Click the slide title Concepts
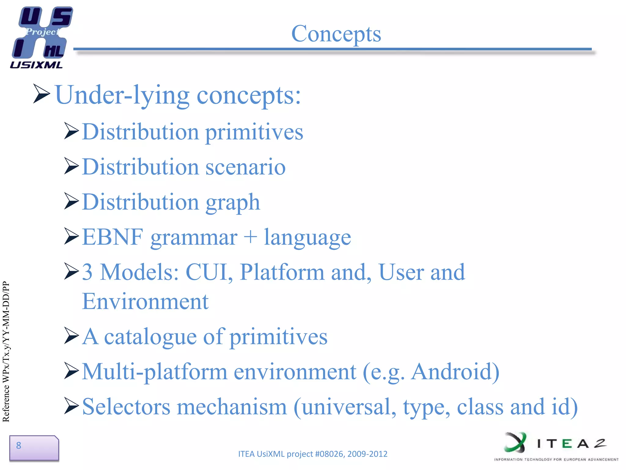pyautogui.click(x=336, y=34)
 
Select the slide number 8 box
pyautogui.click(x=34, y=448)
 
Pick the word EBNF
pyautogui.click(x=112, y=237)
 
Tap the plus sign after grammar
pyautogui.click(x=250, y=237)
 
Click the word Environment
pyautogui.click(x=145, y=302)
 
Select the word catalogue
pyautogui.click(x=150, y=337)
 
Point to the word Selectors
pyautogui.click(x=126, y=407)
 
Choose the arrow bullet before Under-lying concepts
pyautogui.click(x=41, y=94)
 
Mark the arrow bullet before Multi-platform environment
pyautogui.click(x=72, y=371)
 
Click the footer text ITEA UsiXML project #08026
pyautogui.click(x=312, y=454)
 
